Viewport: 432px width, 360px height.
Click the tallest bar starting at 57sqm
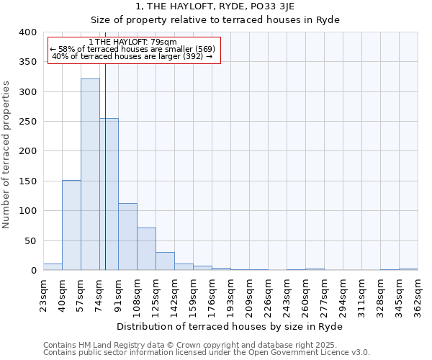click(x=90, y=174)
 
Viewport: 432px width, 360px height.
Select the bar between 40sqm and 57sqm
click(x=71, y=225)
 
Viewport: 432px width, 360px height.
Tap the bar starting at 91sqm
click(x=127, y=237)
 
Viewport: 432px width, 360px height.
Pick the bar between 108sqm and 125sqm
click(x=146, y=249)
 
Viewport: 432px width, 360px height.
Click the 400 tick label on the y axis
click(x=27, y=32)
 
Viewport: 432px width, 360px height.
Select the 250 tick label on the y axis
click(x=27, y=122)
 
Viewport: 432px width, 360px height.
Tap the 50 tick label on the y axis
click(x=30, y=240)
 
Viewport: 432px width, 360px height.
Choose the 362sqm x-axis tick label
click(x=418, y=293)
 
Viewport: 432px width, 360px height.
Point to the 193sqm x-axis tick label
click(x=231, y=293)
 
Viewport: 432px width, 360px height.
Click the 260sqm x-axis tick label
click(x=306, y=293)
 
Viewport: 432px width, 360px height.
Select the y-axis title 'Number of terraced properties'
click(x=7, y=154)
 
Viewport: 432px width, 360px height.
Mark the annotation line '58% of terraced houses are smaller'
click(x=133, y=49)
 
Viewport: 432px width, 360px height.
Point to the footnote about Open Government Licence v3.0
click(x=207, y=352)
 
